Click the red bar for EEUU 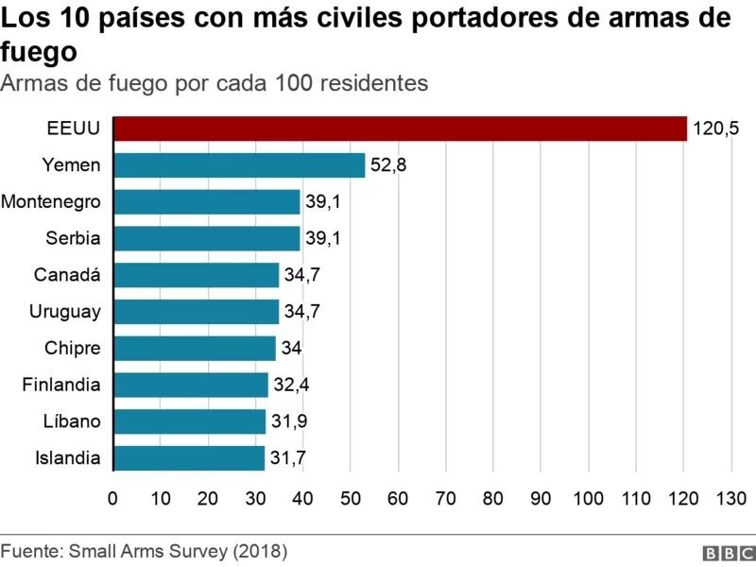coord(400,129)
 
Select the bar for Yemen coord(239,165)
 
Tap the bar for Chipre coord(195,348)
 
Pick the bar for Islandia coord(189,458)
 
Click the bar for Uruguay coord(196,312)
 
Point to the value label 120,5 coord(716,129)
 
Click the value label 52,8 coord(388,165)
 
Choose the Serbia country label coord(73,238)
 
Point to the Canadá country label coord(67,275)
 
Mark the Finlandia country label coord(60,385)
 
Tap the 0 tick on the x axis coord(113,499)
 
